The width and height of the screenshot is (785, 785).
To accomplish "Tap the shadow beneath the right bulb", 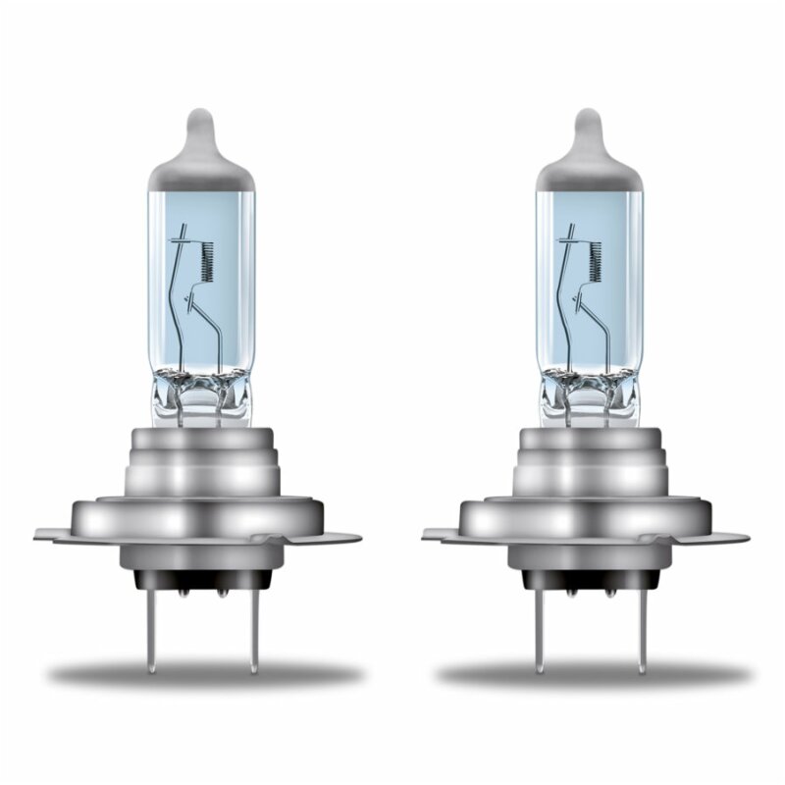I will [x=589, y=677].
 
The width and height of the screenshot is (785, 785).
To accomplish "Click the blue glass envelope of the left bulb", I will [x=177, y=294].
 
